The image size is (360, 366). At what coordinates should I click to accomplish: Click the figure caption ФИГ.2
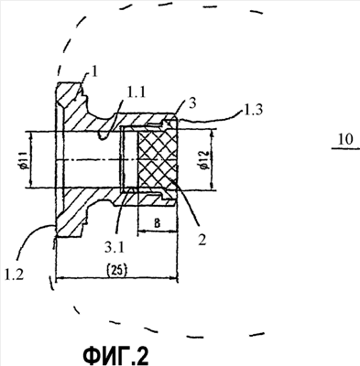(115, 354)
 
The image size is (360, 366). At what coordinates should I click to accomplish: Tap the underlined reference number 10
(345, 139)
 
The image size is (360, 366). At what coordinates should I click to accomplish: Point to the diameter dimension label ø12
(205, 159)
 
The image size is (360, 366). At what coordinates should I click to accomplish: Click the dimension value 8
(157, 223)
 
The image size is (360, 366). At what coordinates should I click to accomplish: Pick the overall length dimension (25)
(117, 270)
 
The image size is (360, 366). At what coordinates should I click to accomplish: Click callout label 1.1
(136, 93)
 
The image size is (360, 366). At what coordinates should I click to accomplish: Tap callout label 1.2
(14, 275)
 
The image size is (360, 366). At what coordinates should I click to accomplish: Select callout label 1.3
(253, 109)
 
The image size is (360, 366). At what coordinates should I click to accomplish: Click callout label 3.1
(115, 248)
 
